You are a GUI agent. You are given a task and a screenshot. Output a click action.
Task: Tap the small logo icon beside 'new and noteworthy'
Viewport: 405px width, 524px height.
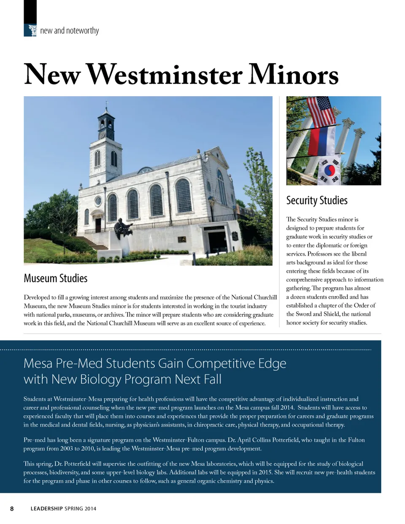[x=32, y=30]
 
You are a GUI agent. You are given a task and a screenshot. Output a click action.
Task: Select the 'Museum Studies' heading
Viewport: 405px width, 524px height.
[x=56, y=278]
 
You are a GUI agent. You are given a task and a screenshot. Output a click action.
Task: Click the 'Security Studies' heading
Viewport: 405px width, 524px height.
[x=317, y=200]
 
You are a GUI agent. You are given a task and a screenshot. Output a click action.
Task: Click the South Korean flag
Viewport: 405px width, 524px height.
[x=328, y=170]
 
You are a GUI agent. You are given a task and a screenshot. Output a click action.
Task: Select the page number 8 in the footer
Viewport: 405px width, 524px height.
[x=12, y=508]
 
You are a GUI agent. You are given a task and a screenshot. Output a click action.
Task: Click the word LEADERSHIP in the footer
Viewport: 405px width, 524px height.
[x=46, y=508]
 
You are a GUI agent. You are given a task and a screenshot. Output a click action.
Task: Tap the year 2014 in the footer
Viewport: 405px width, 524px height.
[x=90, y=508]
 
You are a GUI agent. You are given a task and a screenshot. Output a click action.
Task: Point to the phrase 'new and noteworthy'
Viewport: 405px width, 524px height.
[x=70, y=30]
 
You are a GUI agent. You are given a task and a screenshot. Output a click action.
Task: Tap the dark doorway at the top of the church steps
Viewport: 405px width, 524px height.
[x=98, y=225]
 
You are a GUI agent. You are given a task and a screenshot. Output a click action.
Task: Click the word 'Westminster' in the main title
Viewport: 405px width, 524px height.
[x=165, y=75]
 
